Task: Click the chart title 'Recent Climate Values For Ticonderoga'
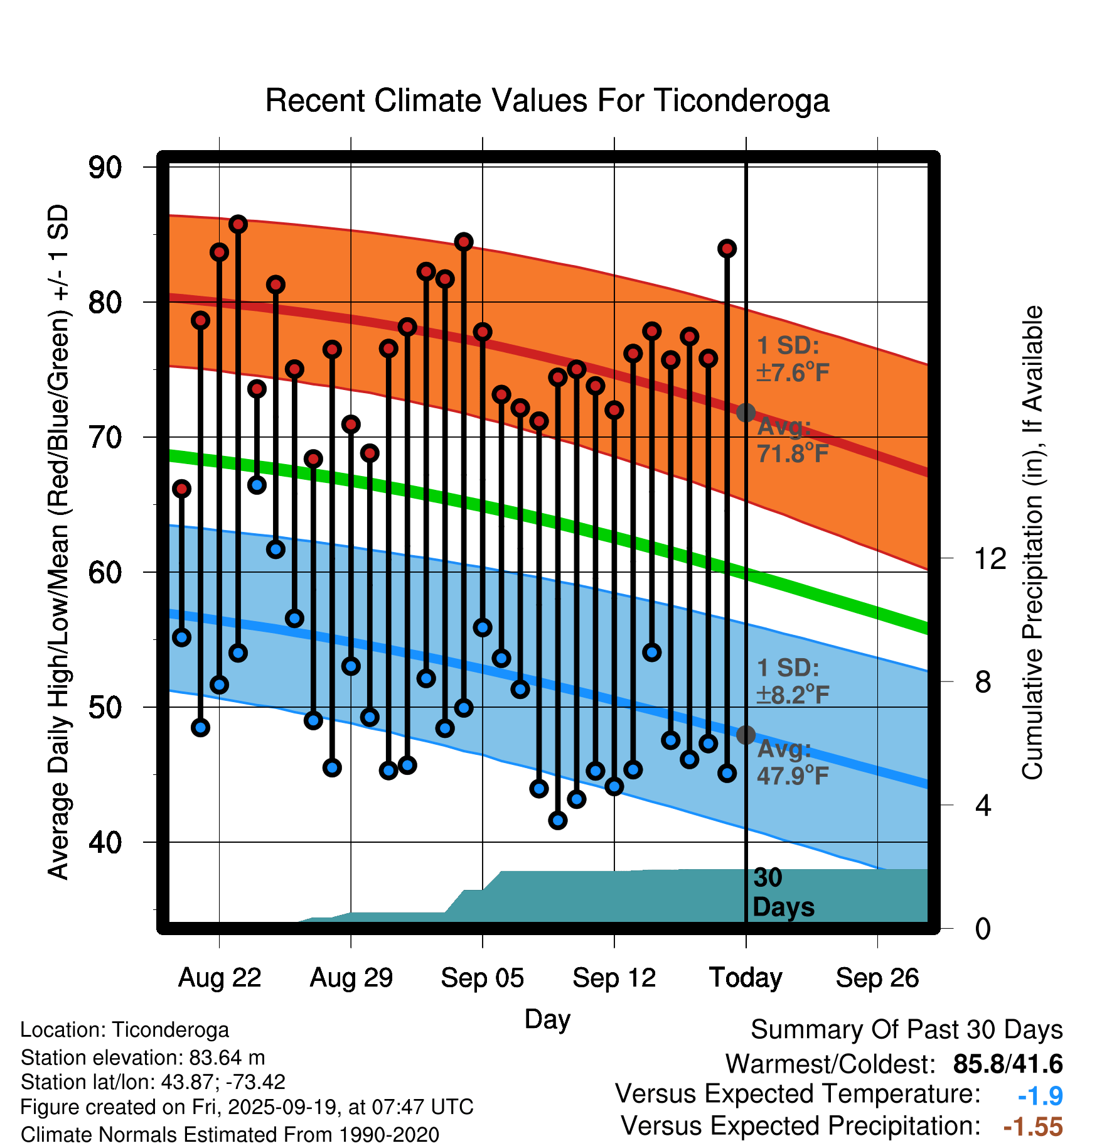547,101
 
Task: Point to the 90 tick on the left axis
105,168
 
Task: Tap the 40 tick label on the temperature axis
105,842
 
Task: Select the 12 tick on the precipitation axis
990,558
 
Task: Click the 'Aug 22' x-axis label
219,978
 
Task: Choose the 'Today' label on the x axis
746,978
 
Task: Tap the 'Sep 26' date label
877,978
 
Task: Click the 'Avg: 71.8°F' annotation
792,440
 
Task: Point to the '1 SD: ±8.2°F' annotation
792,681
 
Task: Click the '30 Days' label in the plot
783,892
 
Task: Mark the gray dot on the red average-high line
746,413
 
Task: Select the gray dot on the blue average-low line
746,735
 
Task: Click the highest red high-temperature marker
238,224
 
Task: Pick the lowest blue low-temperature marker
557,820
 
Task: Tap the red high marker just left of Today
727,249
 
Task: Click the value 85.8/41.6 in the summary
1007,1064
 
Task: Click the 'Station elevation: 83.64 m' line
142,1058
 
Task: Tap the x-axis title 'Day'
547,1019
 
